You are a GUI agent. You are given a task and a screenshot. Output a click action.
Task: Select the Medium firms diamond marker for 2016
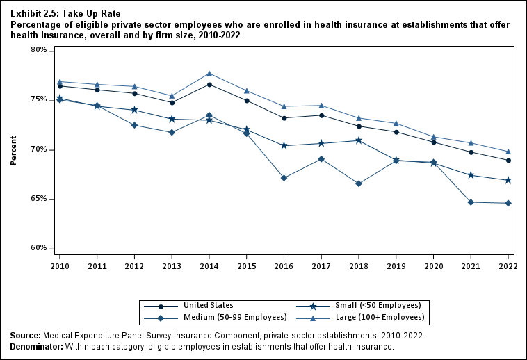point(284,178)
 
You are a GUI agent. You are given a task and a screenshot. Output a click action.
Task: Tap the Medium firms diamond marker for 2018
point(359,183)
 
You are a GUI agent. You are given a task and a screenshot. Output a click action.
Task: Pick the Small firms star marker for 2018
point(359,140)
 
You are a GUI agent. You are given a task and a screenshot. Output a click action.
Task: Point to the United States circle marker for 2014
point(209,85)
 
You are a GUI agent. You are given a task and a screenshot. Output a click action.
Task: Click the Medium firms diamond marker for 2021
point(471,202)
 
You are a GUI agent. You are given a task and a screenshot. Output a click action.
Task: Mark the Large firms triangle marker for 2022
point(508,152)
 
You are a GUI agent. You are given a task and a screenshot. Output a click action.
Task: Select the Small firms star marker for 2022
point(508,180)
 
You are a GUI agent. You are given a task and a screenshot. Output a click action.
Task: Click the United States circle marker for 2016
point(284,118)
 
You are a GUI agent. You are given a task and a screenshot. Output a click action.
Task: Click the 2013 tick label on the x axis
point(171,265)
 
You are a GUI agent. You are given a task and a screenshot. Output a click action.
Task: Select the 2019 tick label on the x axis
point(396,265)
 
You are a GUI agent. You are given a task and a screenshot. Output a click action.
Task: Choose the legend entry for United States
point(208,305)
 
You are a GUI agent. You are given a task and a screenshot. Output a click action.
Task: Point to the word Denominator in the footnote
point(36,345)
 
